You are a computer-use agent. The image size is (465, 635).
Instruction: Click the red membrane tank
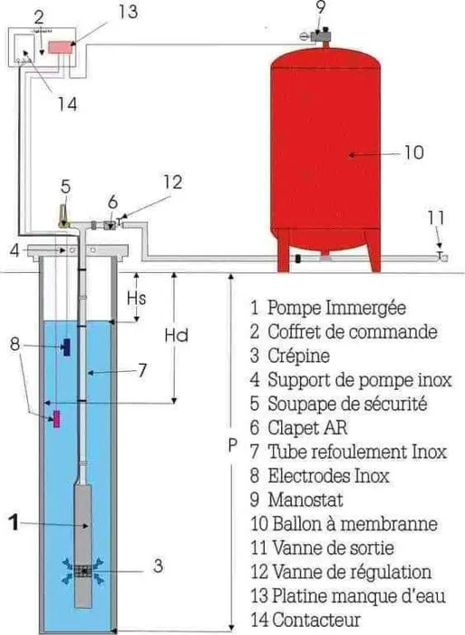click(325, 158)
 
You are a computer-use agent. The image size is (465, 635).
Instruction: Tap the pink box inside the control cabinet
click(61, 47)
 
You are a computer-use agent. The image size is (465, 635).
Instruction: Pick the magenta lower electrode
click(57, 418)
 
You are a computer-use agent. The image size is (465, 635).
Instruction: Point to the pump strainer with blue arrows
click(83, 571)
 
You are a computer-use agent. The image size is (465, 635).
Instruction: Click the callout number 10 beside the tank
click(413, 152)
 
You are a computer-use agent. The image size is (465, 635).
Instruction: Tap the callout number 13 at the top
click(128, 11)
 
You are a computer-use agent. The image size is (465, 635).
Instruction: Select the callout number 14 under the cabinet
click(67, 104)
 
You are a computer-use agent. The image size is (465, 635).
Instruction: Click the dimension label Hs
click(136, 298)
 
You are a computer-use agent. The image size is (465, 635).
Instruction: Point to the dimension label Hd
click(177, 336)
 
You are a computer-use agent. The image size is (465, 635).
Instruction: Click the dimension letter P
click(232, 445)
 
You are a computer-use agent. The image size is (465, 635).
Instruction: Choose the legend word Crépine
click(298, 356)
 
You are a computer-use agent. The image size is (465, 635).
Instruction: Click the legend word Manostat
click(305, 500)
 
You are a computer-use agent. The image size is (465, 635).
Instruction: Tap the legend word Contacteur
click(316, 620)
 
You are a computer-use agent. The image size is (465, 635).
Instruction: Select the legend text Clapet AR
click(307, 427)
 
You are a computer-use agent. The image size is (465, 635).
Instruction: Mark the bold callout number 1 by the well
click(15, 522)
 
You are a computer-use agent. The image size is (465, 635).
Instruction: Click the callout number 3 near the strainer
click(159, 566)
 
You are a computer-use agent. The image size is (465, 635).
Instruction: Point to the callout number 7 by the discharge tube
click(141, 370)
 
